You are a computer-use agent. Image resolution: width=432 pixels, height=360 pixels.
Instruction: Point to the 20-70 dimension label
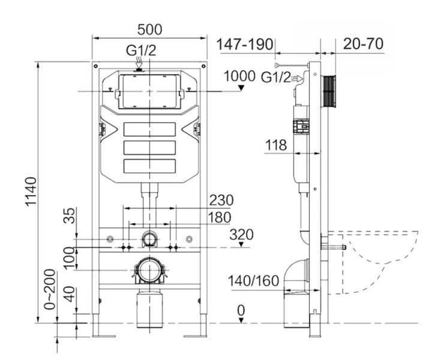coord(364,44)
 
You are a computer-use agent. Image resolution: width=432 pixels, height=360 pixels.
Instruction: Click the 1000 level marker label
coord(239,76)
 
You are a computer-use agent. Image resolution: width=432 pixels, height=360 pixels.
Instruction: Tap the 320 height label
coord(241,234)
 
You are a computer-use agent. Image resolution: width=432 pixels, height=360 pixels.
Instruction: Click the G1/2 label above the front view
coord(140,51)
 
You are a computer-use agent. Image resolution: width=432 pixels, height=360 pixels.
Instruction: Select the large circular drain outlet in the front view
coord(148,271)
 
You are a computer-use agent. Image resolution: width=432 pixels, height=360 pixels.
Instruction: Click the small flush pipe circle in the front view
coord(148,240)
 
